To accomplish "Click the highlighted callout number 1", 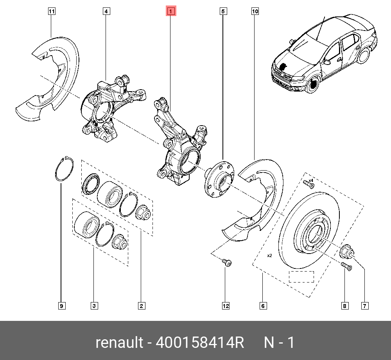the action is [171, 12].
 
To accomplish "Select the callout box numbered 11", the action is [52, 12].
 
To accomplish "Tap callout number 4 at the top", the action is [106, 12].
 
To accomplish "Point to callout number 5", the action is [223, 12].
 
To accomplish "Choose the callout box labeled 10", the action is [255, 12].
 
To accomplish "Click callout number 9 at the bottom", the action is [61, 306].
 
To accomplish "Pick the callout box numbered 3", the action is [94, 306].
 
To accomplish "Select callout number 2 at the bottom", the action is [141, 306].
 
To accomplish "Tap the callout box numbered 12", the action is [226, 306].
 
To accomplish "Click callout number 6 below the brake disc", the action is [263, 306].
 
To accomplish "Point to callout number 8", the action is [345, 306].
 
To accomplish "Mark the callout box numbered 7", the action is [364, 306].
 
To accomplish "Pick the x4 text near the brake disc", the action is [311, 180].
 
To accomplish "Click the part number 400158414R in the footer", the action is [200, 343].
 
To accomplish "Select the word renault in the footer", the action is [119, 343].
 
